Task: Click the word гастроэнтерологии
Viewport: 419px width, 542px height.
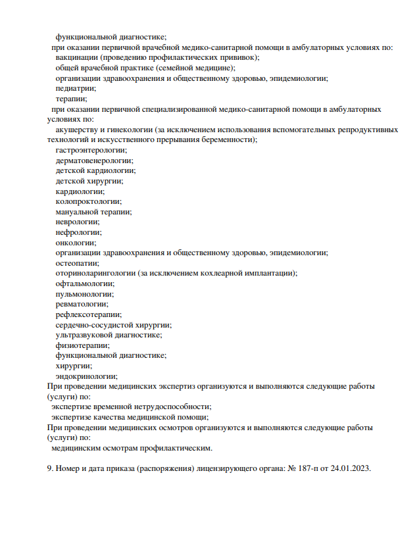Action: point(91,150)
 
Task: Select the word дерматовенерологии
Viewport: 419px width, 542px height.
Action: point(93,160)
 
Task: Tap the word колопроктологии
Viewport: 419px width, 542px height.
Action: point(88,201)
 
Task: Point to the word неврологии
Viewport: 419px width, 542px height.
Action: point(77,222)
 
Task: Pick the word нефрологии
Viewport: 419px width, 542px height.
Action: point(78,232)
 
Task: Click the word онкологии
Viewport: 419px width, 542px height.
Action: point(75,242)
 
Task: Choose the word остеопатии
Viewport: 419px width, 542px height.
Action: point(76,262)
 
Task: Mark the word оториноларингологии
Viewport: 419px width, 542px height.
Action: point(96,273)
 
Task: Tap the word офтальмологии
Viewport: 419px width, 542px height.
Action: point(84,283)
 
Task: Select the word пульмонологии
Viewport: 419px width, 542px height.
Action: point(82,293)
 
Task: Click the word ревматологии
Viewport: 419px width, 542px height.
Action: point(82,304)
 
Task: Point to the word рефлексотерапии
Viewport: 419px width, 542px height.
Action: point(88,314)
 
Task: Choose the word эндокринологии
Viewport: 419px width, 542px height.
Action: point(86,376)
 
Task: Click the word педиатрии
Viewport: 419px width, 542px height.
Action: point(75,88)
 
